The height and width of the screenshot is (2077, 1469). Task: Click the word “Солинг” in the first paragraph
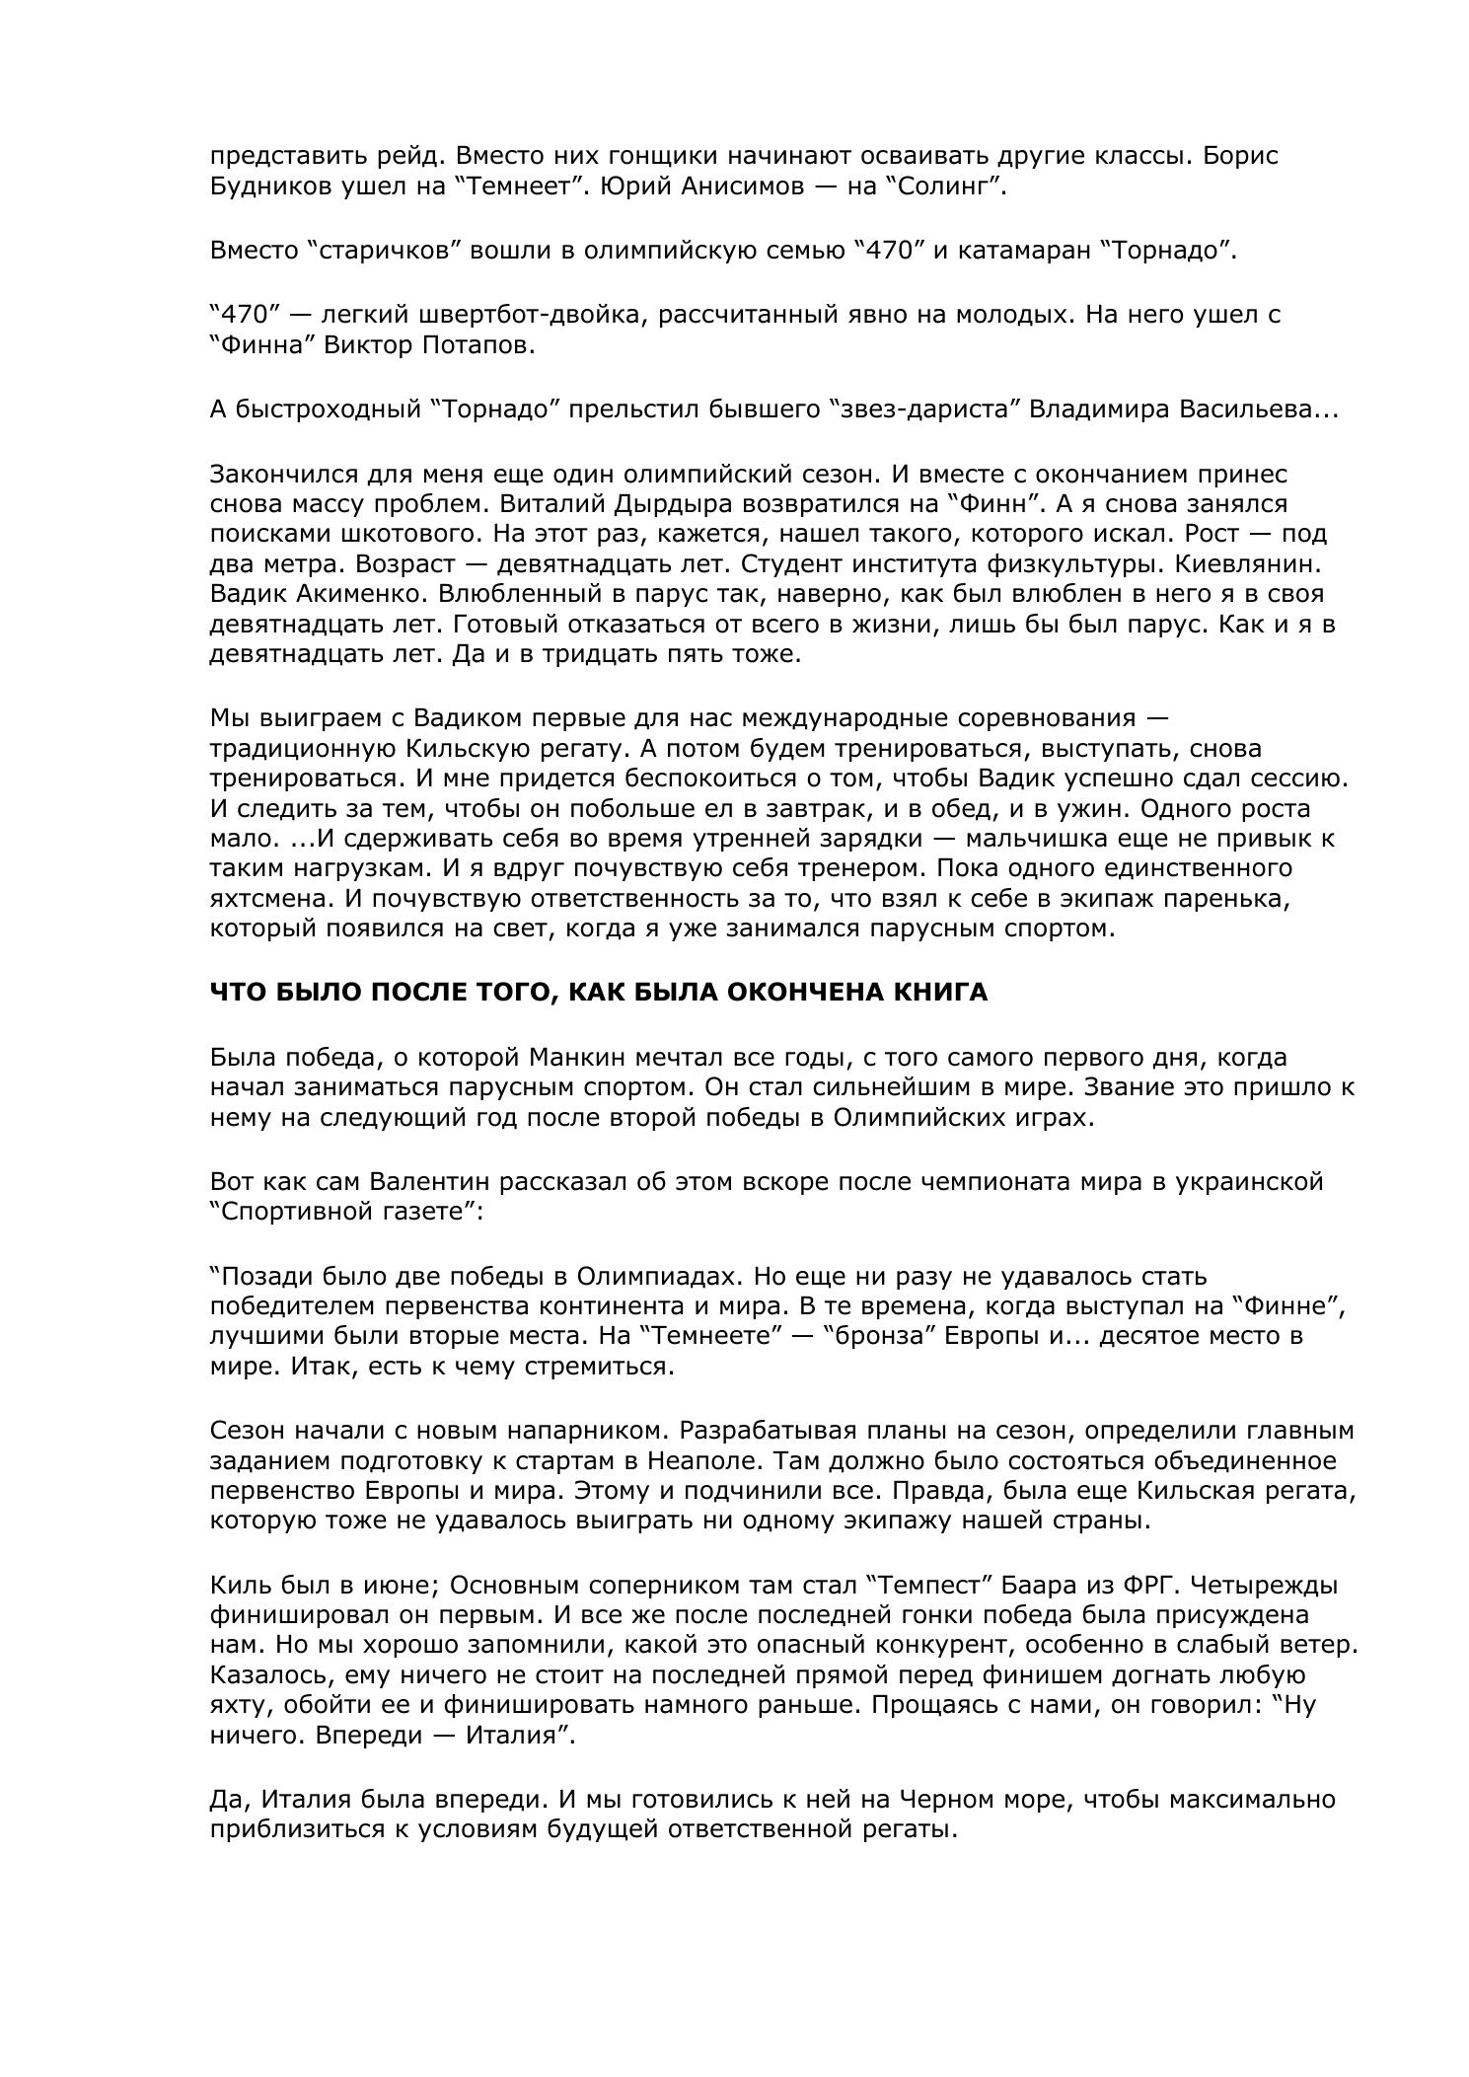pos(952,186)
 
